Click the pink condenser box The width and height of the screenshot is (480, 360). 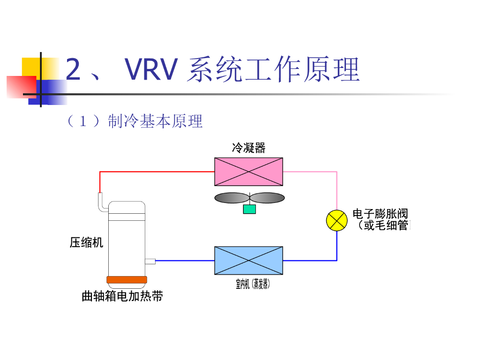tap(248, 172)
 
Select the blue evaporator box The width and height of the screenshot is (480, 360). tap(248, 260)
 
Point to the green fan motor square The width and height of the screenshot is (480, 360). tap(249, 209)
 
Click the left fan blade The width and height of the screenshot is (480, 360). tap(232, 198)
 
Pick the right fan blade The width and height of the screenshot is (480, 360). tap(267, 198)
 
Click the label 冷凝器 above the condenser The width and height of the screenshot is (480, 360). tap(248, 148)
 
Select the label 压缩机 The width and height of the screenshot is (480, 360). tap(86, 242)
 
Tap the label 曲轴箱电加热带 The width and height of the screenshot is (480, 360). tap(122, 296)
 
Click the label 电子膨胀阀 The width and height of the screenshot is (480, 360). tap(380, 214)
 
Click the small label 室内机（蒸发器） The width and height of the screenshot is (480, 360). tap(253, 284)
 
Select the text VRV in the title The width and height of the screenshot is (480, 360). tap(151, 70)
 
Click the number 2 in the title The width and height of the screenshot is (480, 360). tap(73, 70)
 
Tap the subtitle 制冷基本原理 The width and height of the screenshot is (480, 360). tap(155, 121)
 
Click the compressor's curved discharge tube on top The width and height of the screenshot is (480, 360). tap(101, 202)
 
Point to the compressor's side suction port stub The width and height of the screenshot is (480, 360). tap(150, 261)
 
